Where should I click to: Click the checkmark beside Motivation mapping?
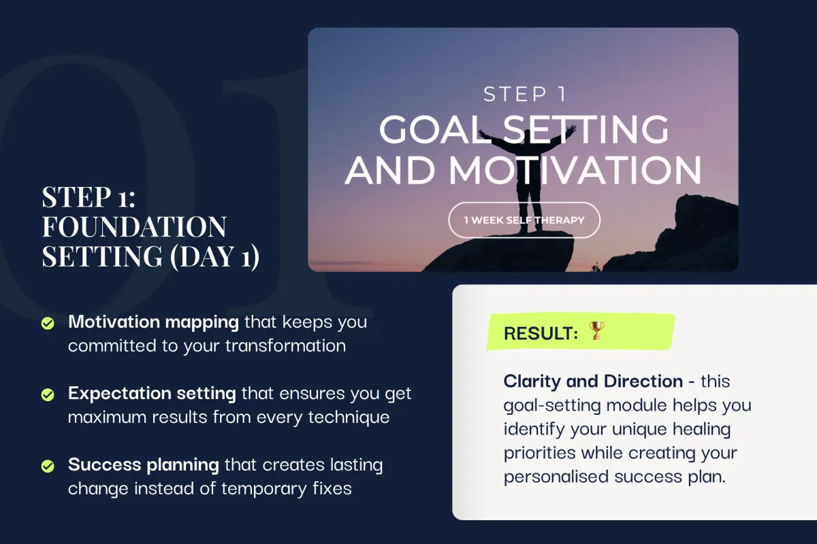[48, 323]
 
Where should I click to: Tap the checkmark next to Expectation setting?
[48, 394]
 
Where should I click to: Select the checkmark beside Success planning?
[48, 466]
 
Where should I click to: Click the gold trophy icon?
[596, 330]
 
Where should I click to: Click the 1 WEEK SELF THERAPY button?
[524, 220]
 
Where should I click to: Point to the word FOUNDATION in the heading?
[134, 226]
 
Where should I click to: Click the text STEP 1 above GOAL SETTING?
[524, 95]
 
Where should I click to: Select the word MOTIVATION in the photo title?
[575, 170]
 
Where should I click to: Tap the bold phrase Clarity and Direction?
[593, 381]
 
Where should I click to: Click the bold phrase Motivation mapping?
[154, 322]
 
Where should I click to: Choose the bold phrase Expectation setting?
[152, 394]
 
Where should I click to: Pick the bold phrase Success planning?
[144, 465]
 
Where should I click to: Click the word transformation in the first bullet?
[285, 346]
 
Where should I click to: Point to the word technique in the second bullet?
[349, 418]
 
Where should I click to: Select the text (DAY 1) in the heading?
[214, 256]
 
